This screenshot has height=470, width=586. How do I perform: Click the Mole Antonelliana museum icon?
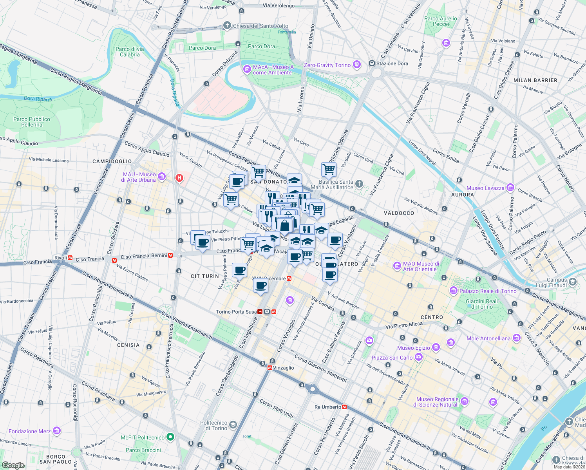click(x=517, y=338)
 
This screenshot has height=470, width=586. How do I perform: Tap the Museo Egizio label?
click(x=414, y=348)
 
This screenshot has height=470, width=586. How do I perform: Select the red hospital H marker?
click(x=179, y=178)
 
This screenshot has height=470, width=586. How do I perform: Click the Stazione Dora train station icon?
click(x=372, y=63)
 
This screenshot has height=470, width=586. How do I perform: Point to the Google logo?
click(x=13, y=465)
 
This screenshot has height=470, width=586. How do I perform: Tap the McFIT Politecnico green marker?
click(x=170, y=437)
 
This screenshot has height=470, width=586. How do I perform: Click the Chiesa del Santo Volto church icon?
click(x=227, y=26)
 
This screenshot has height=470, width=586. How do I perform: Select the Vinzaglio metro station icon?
click(x=270, y=368)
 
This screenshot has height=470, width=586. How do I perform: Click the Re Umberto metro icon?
click(x=344, y=407)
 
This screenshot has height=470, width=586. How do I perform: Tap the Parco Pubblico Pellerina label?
click(x=32, y=122)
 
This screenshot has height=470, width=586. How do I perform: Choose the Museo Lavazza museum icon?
click(x=510, y=188)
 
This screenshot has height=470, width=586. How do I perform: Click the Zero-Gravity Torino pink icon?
click(x=356, y=65)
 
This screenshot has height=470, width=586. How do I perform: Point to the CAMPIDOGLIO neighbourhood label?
click(x=112, y=161)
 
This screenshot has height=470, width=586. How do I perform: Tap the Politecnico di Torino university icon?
click(x=233, y=425)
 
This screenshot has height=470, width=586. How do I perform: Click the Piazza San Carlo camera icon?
click(x=419, y=357)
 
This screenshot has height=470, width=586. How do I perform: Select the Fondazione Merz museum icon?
click(x=57, y=431)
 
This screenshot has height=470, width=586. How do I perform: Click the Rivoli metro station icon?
click(x=71, y=258)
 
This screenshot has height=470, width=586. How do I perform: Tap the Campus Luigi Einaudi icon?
click(x=573, y=282)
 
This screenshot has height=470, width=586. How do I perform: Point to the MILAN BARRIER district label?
click(x=535, y=80)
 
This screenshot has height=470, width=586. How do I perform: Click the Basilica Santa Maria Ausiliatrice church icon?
click(x=359, y=184)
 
